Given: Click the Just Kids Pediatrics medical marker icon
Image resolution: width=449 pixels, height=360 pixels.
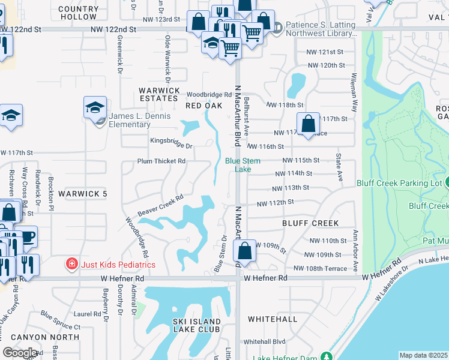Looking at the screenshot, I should [x=71, y=264].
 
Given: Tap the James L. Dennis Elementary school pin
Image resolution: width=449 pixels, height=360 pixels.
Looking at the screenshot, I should [x=95, y=108].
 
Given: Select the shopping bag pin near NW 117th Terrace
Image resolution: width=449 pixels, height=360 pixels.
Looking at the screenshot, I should [x=308, y=124].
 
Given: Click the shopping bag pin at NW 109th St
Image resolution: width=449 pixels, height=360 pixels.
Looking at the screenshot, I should [x=247, y=250].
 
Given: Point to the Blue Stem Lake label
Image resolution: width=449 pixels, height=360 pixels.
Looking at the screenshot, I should [x=238, y=165].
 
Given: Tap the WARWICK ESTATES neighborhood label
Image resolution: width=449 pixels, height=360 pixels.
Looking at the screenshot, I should [x=160, y=94].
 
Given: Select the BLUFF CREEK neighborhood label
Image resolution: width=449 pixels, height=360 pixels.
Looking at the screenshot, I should [x=310, y=223].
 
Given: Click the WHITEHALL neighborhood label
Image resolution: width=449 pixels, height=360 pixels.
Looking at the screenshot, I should [x=272, y=319].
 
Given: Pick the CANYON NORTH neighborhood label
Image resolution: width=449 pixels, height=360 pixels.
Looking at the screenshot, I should [x=53, y=337].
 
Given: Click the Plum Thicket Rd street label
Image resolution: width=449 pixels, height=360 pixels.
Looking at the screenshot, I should [x=161, y=161].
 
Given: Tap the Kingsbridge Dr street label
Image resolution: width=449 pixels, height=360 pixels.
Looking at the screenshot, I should [x=170, y=146].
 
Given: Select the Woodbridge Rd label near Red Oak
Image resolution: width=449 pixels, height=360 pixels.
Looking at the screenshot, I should [x=209, y=95].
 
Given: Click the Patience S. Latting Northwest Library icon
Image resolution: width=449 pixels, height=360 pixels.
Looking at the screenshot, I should [x=277, y=27].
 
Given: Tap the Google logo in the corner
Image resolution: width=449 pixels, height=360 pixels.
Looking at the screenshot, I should [x=20, y=352].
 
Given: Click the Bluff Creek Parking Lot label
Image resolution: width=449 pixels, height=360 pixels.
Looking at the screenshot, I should [x=399, y=182].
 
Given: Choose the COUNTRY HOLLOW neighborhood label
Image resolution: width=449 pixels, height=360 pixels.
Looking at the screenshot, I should [x=79, y=13].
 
